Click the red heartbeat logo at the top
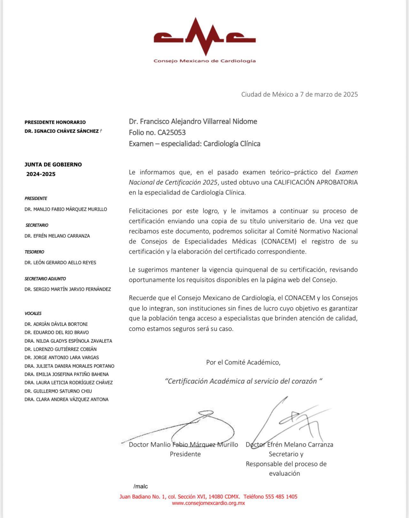(204, 37)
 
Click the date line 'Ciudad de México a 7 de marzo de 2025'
(299, 94)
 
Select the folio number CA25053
(172, 132)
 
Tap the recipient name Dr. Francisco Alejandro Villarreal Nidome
(193, 122)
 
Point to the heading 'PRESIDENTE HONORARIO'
(55, 122)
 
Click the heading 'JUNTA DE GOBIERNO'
(53, 164)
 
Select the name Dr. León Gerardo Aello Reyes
(60, 263)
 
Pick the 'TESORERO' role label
(34, 252)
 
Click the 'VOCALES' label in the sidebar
(33, 314)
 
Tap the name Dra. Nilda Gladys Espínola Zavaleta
(68, 341)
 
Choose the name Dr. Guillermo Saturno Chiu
(58, 391)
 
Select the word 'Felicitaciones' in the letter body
(148, 211)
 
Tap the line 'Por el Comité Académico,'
(243, 363)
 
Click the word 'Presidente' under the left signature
(185, 454)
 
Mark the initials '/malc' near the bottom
(141, 487)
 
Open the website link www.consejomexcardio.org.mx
(208, 503)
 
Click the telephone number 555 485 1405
(281, 497)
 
